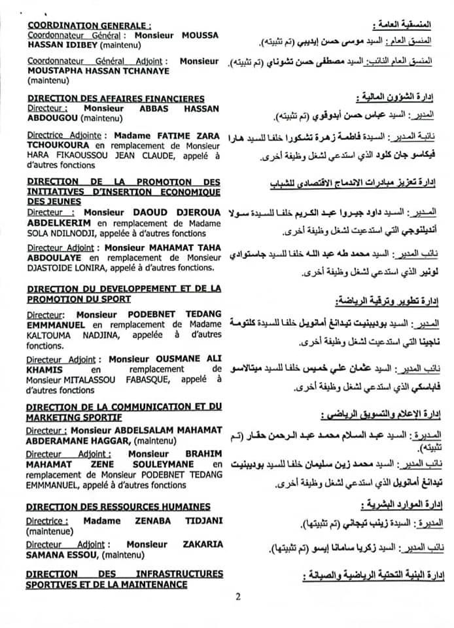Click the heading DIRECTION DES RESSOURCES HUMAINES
click(x=119, y=506)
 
